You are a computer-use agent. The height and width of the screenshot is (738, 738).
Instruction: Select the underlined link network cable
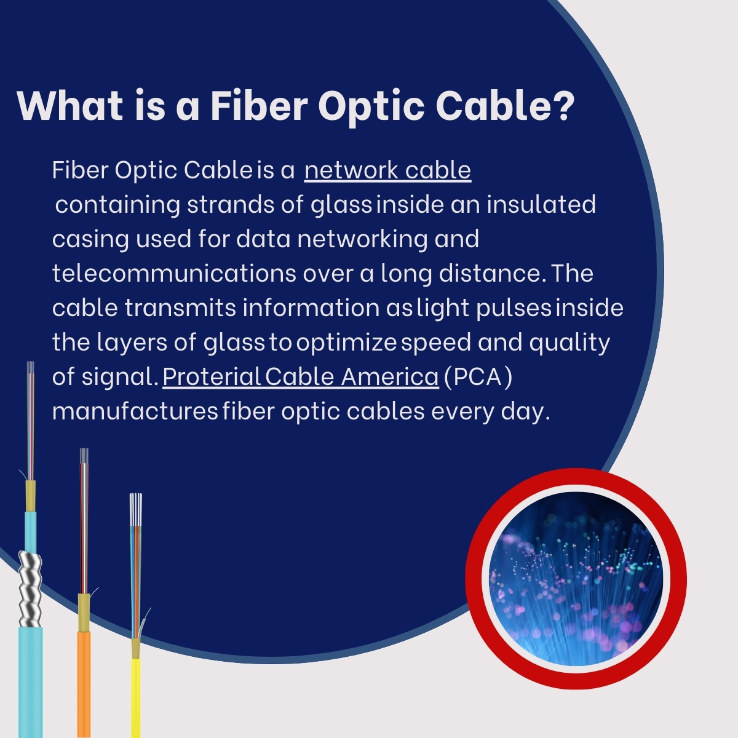click(x=387, y=170)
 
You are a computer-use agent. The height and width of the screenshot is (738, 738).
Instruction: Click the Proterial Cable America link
click(x=300, y=376)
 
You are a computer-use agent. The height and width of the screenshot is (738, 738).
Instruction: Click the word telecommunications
click(x=174, y=273)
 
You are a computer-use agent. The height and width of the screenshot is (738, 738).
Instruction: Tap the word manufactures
click(x=135, y=411)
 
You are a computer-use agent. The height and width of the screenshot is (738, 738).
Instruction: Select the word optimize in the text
click(x=346, y=342)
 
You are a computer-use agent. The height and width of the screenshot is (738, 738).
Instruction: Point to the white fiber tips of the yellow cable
click(x=136, y=508)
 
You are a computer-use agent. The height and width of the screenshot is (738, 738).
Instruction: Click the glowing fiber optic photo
click(x=576, y=578)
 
